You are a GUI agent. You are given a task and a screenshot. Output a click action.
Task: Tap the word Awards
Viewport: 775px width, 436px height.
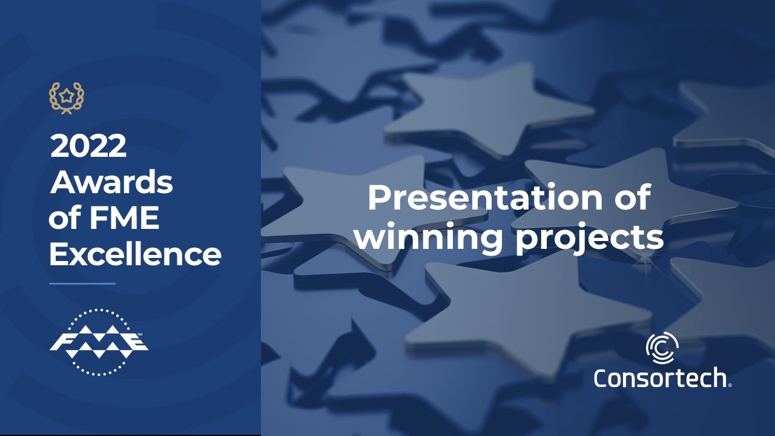tap(112, 182)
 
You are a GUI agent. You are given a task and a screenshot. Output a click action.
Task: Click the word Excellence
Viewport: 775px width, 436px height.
tap(135, 254)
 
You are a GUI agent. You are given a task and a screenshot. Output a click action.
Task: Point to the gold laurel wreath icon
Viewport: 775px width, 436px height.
tap(67, 97)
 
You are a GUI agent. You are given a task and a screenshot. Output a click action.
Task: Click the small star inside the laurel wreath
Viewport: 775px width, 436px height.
tap(67, 96)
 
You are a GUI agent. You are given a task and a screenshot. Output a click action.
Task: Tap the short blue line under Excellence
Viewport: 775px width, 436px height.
tap(82, 283)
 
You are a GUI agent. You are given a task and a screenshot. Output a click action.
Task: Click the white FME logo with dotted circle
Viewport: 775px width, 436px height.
tap(99, 343)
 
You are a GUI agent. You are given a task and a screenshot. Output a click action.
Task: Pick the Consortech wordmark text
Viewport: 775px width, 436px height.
tap(660, 378)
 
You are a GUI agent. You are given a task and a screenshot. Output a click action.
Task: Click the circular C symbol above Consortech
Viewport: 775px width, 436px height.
tap(662, 349)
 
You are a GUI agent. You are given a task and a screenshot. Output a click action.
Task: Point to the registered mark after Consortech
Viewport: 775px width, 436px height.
tap(730, 385)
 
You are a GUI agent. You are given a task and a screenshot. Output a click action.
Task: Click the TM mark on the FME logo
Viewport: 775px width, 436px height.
tap(140, 334)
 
